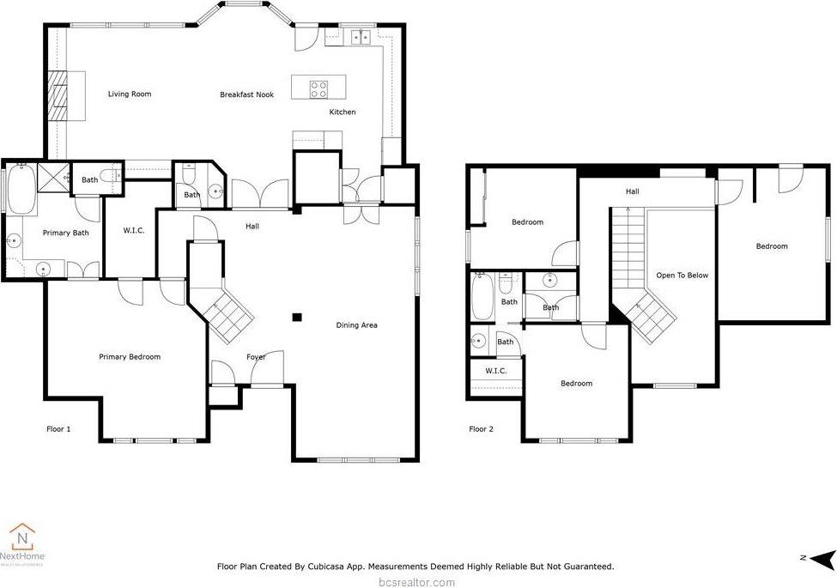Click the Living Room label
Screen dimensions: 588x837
coord(129,94)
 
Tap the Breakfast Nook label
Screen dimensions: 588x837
coord(246,94)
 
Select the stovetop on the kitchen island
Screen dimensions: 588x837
coord(318,86)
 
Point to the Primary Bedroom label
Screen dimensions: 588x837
coord(130,357)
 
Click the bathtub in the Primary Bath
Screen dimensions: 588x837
coord(21,190)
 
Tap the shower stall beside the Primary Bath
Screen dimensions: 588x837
coord(54,179)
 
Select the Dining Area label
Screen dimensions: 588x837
coord(356,325)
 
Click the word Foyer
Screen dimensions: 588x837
coord(256,357)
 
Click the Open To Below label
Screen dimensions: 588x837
coord(682,276)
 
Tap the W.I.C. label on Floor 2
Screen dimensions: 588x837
coord(495,371)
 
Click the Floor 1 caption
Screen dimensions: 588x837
coord(58,428)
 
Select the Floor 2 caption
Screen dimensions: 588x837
coord(481,428)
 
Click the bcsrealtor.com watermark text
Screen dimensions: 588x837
coord(418,582)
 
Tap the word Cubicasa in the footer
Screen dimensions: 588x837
coord(339,567)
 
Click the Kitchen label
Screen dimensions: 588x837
coord(343,112)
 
